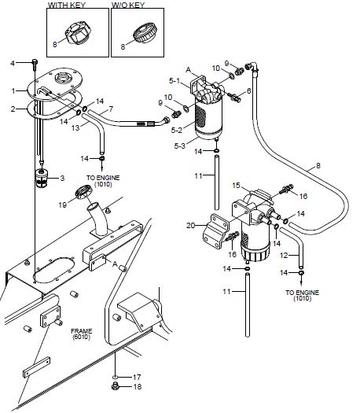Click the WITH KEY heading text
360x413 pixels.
[x=67, y=5]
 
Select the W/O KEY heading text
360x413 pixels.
[x=128, y=5]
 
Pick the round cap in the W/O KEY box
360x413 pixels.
[x=145, y=33]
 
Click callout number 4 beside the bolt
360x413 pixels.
[x=13, y=63]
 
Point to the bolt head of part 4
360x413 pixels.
[x=35, y=62]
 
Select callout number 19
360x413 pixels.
[x=62, y=205]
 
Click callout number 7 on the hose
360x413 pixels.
[x=111, y=109]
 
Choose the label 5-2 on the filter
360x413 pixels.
[x=176, y=130]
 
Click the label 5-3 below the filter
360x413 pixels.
[x=180, y=146]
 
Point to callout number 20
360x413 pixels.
[x=190, y=226]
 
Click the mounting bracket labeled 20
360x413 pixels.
[x=216, y=230]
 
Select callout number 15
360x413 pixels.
[x=236, y=186]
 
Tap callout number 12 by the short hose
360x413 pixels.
[x=285, y=255]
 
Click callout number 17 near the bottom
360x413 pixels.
[x=137, y=377]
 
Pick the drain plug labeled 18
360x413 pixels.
[x=115, y=387]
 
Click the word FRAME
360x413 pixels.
[x=81, y=331]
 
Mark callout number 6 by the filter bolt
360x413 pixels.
[x=248, y=91]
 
